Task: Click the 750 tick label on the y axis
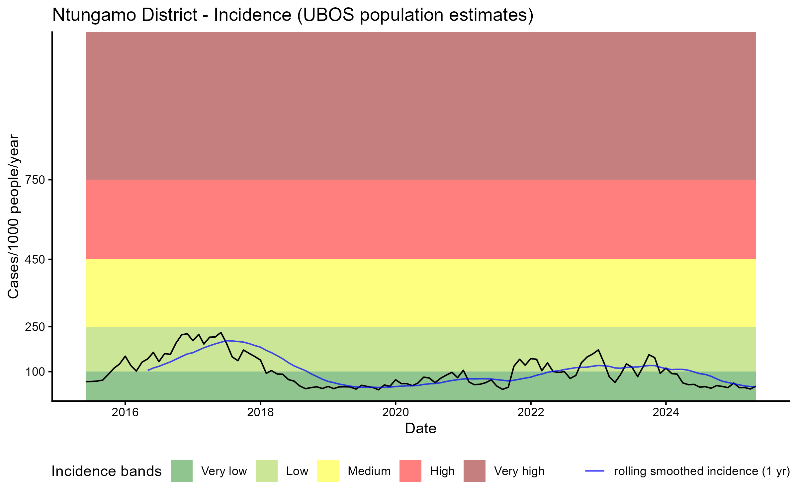(x=35, y=180)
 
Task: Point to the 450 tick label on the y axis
(x=35, y=260)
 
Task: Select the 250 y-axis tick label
(x=35, y=327)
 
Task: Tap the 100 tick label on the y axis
(x=35, y=372)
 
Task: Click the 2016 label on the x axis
(x=125, y=412)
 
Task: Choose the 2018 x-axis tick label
(x=260, y=412)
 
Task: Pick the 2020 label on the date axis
(x=396, y=412)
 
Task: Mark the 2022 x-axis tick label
(x=531, y=412)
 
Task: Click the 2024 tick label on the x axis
(x=666, y=412)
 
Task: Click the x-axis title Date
(x=420, y=429)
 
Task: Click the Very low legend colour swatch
(x=182, y=471)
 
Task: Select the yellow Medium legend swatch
(x=328, y=471)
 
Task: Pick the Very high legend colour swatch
(x=475, y=471)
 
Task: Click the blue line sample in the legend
(x=594, y=471)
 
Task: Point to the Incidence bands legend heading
(x=107, y=471)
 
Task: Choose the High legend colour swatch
(x=410, y=471)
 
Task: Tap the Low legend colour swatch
(x=267, y=471)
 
